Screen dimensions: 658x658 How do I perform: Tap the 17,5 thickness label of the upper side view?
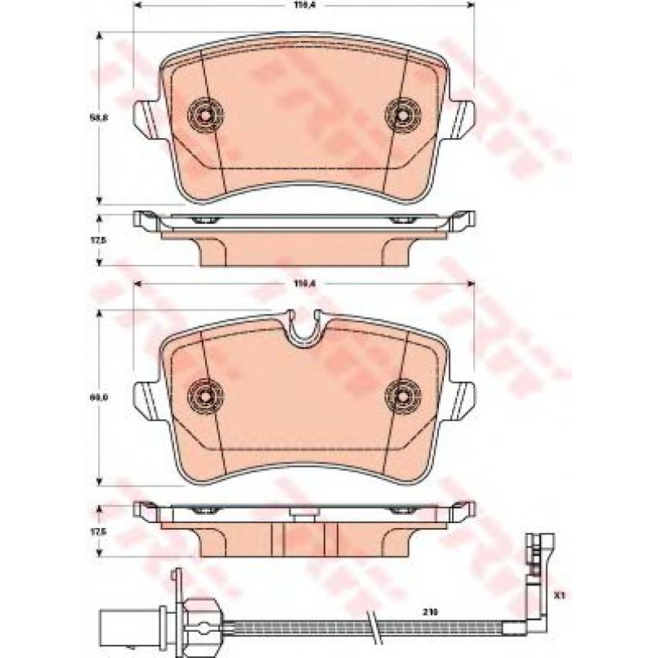coord(105,239)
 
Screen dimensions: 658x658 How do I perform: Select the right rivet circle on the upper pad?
coord(402,116)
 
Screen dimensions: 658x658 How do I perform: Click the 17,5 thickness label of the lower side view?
coord(105,530)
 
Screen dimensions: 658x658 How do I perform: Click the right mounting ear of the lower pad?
coord(462,398)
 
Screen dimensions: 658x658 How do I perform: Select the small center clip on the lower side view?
coord(305,514)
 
